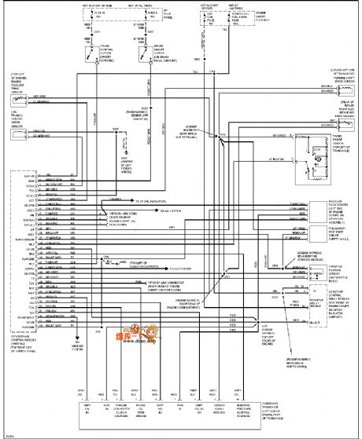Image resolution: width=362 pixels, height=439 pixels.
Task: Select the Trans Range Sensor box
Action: coord(314,157)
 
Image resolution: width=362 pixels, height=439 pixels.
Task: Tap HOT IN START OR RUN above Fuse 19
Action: coord(99,7)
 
